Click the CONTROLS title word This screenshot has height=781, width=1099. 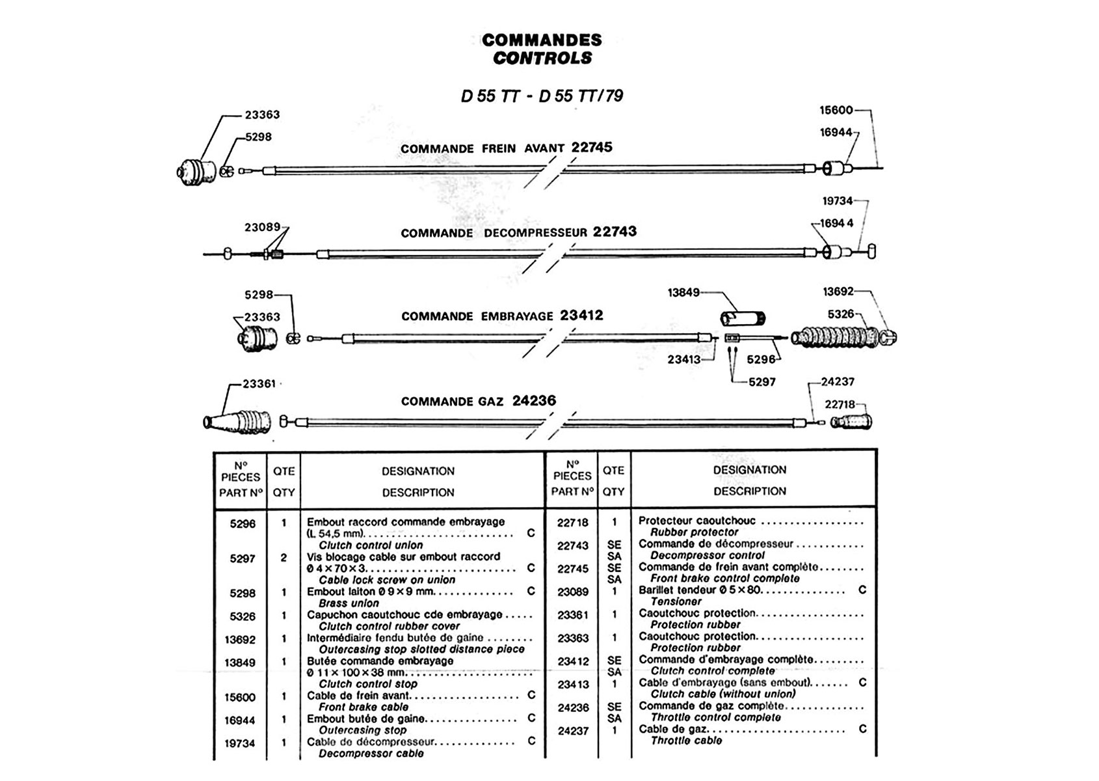click(542, 58)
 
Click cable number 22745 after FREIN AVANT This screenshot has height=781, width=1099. click(592, 148)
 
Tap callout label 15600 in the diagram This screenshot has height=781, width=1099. click(836, 111)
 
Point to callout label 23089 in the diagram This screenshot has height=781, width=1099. click(262, 227)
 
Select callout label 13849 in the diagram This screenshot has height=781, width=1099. click(683, 292)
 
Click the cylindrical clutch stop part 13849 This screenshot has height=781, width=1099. click(743, 319)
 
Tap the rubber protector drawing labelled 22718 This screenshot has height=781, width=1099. click(853, 422)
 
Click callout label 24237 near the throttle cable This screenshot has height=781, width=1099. click(838, 382)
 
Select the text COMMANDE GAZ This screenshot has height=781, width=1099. click(452, 402)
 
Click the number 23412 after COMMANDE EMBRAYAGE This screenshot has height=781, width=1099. click(581, 316)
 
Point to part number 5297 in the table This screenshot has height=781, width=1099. click(243, 558)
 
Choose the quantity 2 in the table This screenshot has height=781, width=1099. click(284, 558)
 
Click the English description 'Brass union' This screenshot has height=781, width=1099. click(349, 603)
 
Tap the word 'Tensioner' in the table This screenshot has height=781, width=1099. click(676, 601)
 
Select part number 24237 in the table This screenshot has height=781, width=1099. click(573, 731)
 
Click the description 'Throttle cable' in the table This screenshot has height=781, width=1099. click(686, 741)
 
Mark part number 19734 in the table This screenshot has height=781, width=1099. click(240, 743)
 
